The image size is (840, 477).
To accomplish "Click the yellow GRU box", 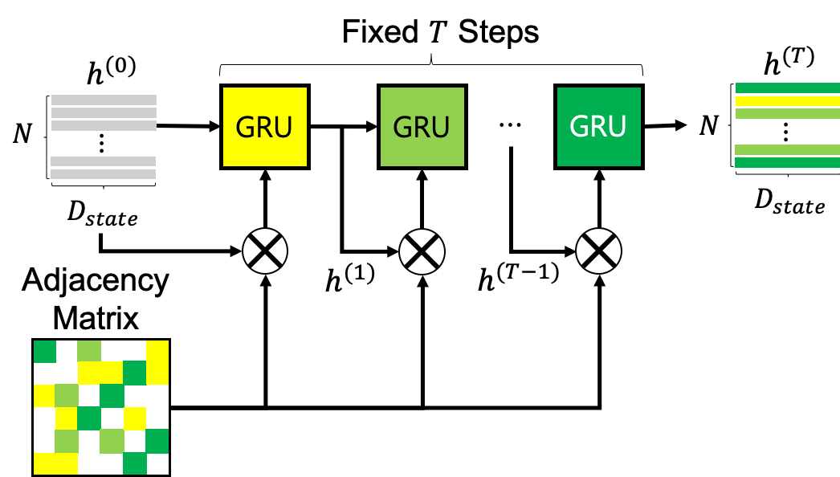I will [265, 127].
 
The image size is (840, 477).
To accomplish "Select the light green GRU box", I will [422, 127].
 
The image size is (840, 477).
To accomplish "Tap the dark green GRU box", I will [599, 127].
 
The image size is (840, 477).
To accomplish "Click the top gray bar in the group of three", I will [104, 100].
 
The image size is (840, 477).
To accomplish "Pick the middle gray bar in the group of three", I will [104, 113].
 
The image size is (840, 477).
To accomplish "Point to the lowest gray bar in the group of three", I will [104, 126].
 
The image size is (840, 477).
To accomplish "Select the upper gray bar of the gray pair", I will [103, 161].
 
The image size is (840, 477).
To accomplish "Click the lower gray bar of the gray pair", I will [103, 174].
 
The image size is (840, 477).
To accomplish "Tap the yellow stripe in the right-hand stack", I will [787, 101].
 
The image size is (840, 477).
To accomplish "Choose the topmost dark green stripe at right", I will [787, 88].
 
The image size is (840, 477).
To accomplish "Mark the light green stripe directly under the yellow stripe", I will [787, 114].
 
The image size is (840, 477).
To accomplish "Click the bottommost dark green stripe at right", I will [787, 163].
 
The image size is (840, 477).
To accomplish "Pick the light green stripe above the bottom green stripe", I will [787, 150].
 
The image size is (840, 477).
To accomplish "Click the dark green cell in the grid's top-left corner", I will [45, 352].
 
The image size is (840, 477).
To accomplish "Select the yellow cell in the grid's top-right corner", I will [157, 352].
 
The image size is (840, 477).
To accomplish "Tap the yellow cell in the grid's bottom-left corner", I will [45, 463].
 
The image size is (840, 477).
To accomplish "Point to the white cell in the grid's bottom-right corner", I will [157, 463].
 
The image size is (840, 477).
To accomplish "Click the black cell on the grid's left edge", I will [45, 373].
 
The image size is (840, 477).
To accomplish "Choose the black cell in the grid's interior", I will [112, 418].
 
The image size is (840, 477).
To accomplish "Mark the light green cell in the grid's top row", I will [89, 352].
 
